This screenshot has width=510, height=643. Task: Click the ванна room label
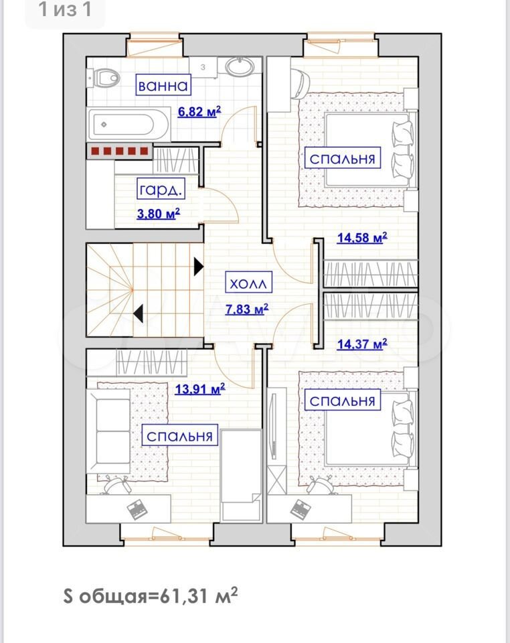click(163, 85)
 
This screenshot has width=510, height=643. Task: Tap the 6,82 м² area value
click(199, 111)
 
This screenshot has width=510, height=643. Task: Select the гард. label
click(160, 189)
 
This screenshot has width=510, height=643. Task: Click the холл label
click(248, 283)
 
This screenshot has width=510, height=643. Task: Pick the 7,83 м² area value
click(247, 308)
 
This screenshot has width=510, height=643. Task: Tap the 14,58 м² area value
click(362, 237)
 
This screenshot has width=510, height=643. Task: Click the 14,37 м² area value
click(362, 344)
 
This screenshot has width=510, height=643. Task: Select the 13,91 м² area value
click(200, 388)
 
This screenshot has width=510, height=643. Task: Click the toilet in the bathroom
click(103, 78)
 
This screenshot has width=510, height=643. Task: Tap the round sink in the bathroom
click(240, 67)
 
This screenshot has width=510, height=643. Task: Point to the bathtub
click(129, 125)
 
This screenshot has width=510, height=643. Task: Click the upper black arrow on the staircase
click(199, 267)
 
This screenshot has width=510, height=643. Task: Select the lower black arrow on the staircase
click(139, 313)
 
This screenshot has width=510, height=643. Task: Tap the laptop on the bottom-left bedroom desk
click(137, 509)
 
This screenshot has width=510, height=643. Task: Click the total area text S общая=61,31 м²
click(151, 595)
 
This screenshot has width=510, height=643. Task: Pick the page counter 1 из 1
click(65, 9)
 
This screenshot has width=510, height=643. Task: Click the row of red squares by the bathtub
click(119, 151)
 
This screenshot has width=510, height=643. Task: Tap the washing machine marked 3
click(203, 67)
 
